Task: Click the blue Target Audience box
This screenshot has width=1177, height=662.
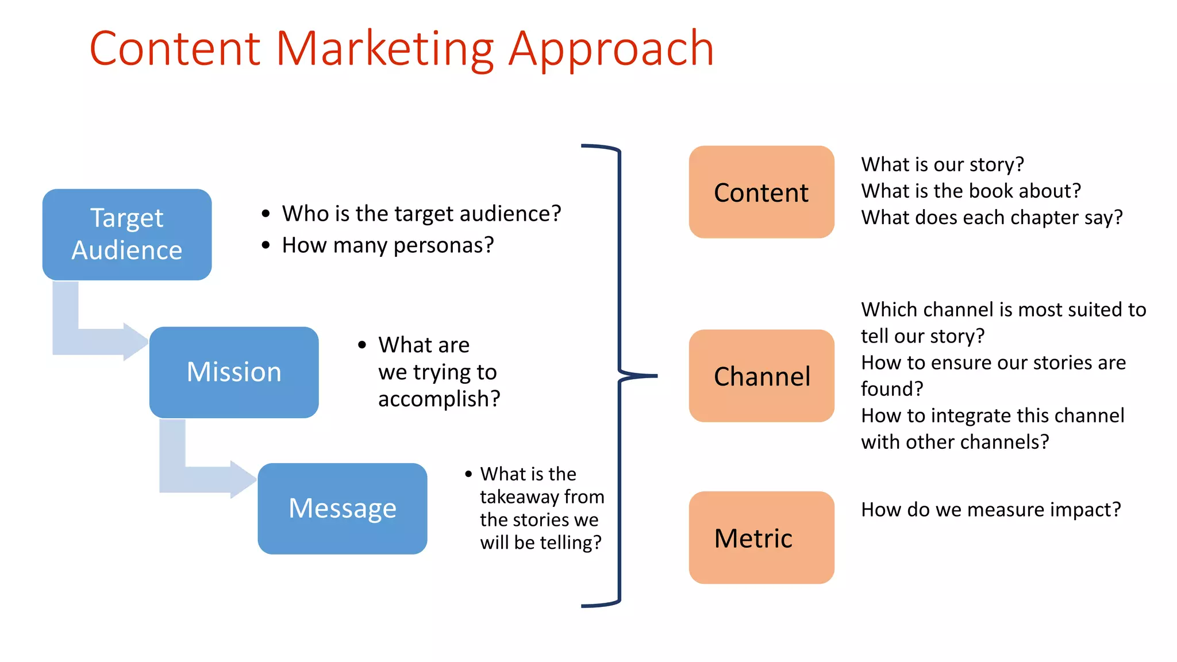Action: click(x=127, y=234)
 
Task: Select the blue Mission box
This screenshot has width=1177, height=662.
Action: click(x=234, y=372)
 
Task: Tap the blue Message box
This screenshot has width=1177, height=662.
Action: click(x=343, y=509)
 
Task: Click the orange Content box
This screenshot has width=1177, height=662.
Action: click(x=761, y=192)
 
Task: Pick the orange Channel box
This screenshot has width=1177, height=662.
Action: click(x=761, y=376)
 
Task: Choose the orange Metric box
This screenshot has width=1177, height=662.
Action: click(x=761, y=537)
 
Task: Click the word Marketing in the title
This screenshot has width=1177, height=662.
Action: click(x=384, y=49)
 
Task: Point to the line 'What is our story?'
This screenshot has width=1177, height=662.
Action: click(x=943, y=164)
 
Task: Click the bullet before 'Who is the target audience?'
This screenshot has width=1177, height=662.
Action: click(x=266, y=214)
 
